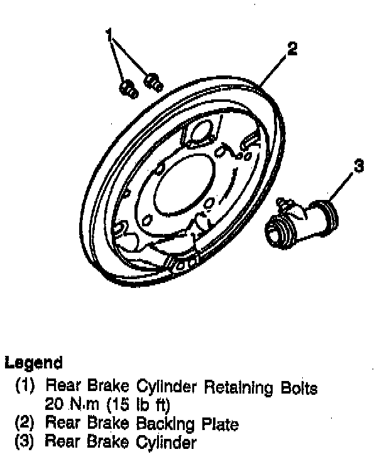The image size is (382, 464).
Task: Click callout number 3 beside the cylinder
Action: pyautogui.click(x=358, y=167)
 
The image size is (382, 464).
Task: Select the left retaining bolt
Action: pyautogui.click(x=129, y=88)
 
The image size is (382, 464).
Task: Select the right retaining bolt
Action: pyautogui.click(x=153, y=80)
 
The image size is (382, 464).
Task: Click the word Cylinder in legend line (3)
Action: pyautogui.click(x=165, y=442)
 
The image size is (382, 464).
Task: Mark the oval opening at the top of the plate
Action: pyautogui.click(x=200, y=133)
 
